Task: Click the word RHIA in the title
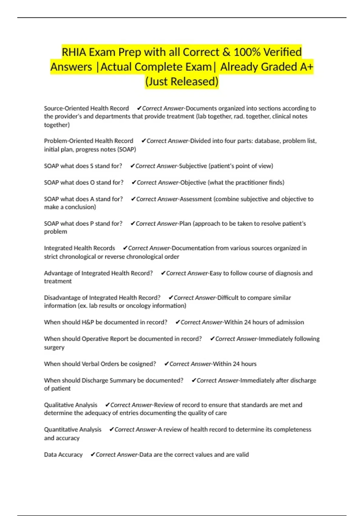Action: point(74,52)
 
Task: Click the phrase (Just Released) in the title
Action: point(182,81)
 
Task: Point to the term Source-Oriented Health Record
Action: point(86,108)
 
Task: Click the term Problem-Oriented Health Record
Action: point(89,141)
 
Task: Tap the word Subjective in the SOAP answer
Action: point(193,166)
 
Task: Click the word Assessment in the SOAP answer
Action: point(196,199)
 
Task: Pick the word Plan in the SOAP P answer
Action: point(185,224)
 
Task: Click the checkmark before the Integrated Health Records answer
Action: point(125,248)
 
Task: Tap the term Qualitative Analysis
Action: point(71,405)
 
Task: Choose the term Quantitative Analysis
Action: point(73,429)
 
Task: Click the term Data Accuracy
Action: point(63,455)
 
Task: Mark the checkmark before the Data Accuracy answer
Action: point(93,455)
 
